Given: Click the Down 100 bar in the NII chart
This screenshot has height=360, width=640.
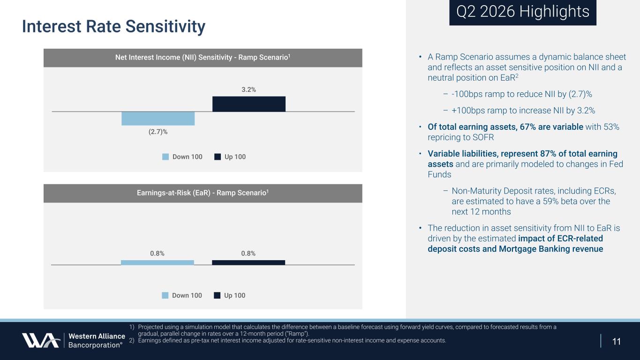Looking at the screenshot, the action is [158, 119].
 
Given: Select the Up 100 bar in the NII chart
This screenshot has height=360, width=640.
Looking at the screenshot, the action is [249, 104].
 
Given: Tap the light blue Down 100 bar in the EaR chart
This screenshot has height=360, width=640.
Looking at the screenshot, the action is [158, 262].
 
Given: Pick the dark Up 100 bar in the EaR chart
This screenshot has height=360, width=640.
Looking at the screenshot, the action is [248, 262].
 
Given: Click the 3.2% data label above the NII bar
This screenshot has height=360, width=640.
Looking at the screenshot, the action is [249, 90].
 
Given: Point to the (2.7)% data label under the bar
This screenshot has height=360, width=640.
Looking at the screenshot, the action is [158, 132].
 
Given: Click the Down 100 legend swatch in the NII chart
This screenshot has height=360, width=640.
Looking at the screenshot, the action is [166, 157].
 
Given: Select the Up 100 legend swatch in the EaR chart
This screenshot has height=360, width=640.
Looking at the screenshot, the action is [217, 295].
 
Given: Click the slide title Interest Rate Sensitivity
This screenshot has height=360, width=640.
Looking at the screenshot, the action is [114, 27].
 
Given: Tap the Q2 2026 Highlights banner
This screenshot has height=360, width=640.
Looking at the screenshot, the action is [523, 12].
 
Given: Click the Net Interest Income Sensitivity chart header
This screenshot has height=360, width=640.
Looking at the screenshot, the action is [203, 58].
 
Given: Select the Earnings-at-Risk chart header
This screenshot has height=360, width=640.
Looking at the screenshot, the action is [203, 193].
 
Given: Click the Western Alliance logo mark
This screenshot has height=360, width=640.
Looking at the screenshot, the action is [41, 340].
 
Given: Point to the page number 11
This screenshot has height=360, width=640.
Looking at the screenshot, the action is [617, 341].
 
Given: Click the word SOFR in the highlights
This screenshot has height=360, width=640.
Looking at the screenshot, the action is [483, 137].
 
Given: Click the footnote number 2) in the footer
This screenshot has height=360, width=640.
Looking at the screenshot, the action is [132, 341].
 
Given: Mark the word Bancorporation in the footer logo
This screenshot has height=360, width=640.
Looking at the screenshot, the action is [95, 345].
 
